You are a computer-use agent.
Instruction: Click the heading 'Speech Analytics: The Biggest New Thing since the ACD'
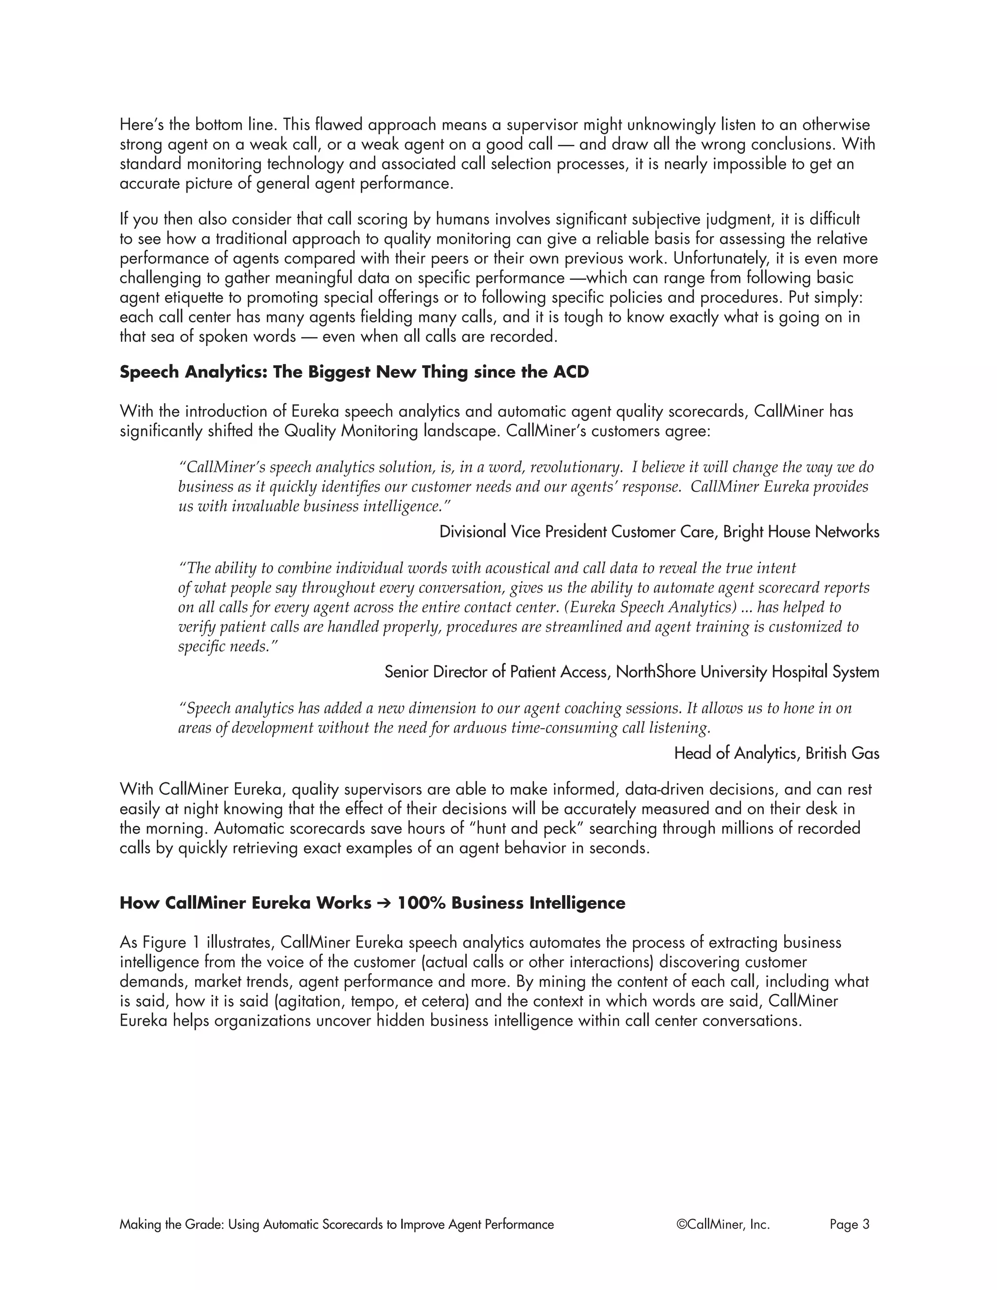(354, 372)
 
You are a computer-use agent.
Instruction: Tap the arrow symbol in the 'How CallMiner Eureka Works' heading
(384, 903)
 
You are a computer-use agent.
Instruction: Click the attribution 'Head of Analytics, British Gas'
(776, 753)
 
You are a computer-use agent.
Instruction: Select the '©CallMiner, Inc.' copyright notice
(723, 1224)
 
